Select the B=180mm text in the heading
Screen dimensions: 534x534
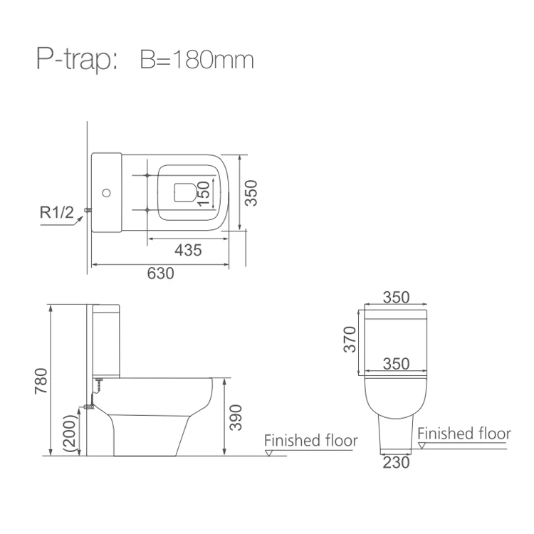(x=197, y=60)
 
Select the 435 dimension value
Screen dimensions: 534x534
(x=188, y=250)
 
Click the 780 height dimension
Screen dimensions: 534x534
(x=40, y=382)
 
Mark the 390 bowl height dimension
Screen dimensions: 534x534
(x=237, y=417)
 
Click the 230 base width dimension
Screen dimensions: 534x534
(x=397, y=463)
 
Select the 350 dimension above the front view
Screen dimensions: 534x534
(x=396, y=298)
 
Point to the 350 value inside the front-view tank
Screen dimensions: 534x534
(x=396, y=364)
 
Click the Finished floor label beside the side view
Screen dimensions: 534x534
(x=310, y=441)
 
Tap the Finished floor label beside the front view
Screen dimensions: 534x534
(x=464, y=433)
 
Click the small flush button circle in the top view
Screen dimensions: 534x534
(x=108, y=192)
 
